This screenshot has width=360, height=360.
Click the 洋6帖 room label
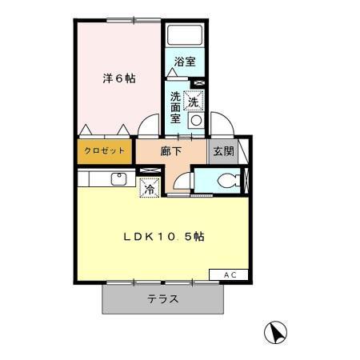coord(118,79)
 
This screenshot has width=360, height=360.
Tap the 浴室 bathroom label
coord(184,60)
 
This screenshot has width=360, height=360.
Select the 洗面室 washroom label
coord(174,105)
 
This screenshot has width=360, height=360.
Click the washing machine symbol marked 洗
coord(193,101)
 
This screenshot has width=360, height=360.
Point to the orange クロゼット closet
coord(104,149)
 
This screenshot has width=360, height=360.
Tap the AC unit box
coord(230,274)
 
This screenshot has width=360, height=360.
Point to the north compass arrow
coord(274,330)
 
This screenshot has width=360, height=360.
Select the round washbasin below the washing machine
coord(194,121)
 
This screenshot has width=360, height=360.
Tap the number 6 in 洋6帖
coord(119,79)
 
